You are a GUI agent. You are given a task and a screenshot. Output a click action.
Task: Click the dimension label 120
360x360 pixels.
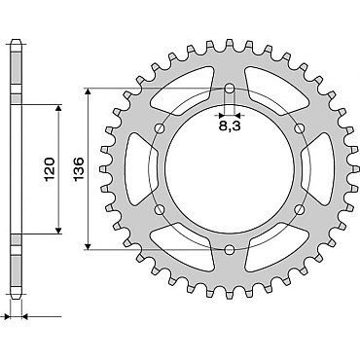pos(50,169)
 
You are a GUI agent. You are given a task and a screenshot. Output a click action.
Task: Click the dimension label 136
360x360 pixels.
pos(79,169)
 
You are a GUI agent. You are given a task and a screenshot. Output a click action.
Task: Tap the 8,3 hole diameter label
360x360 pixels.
pos(230,126)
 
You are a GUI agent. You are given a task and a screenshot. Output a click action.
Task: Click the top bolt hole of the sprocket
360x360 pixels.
pos(230,88)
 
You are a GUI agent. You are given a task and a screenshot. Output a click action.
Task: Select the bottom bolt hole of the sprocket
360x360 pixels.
pos(230,250)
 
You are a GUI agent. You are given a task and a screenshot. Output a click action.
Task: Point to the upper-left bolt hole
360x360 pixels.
pos(160,128)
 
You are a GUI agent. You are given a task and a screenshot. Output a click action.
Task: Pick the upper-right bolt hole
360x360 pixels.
pos(300,128)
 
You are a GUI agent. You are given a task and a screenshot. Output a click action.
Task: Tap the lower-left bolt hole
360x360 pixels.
pos(160,209)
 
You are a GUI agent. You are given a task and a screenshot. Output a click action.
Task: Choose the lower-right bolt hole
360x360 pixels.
pos(300,209)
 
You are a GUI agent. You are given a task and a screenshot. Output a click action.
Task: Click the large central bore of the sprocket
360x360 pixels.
pos(230,169)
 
